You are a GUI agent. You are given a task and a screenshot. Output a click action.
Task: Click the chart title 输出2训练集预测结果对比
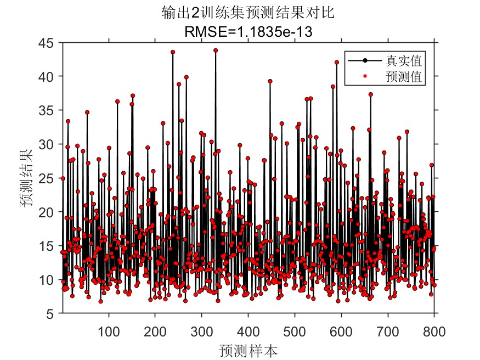249,12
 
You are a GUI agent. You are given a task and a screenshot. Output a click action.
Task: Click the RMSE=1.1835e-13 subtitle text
249,31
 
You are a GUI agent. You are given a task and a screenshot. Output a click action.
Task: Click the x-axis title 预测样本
248,350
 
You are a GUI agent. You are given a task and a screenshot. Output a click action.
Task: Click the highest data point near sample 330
216,50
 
